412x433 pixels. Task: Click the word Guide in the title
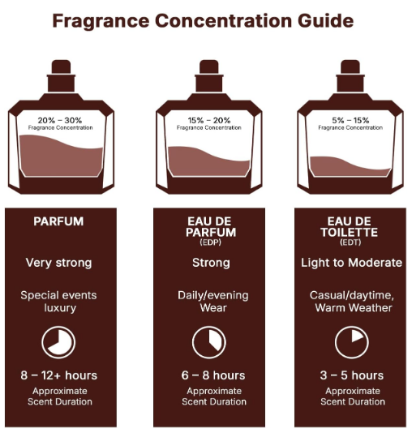coord(325,21)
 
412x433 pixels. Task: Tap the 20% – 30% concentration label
coord(60,120)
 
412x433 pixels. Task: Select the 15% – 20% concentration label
coord(209,120)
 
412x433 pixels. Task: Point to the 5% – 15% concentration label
coord(350,120)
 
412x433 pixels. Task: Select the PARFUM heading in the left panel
coord(58,221)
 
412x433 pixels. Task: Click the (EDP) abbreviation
coord(210,242)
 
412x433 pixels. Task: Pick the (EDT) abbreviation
coord(350,242)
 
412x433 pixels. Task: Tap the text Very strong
coord(59,263)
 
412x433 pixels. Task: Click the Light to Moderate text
coord(351,263)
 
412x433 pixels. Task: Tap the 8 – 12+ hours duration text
coord(59,375)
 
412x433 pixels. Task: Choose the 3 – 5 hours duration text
coord(352,375)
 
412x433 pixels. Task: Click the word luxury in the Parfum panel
coord(60,308)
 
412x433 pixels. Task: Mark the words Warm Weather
coord(354,307)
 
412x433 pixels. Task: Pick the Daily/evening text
coord(213,296)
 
